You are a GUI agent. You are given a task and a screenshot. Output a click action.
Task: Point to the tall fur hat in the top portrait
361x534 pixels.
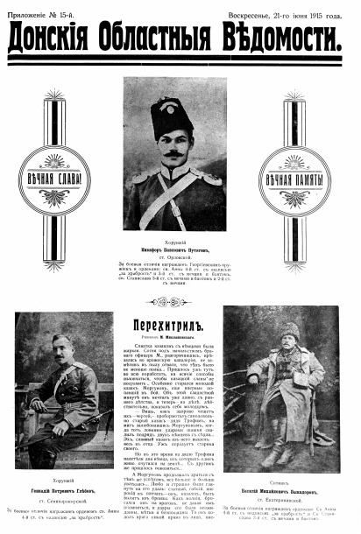pos(172,114)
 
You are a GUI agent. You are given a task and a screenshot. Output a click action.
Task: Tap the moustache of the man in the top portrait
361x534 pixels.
pos(173,154)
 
